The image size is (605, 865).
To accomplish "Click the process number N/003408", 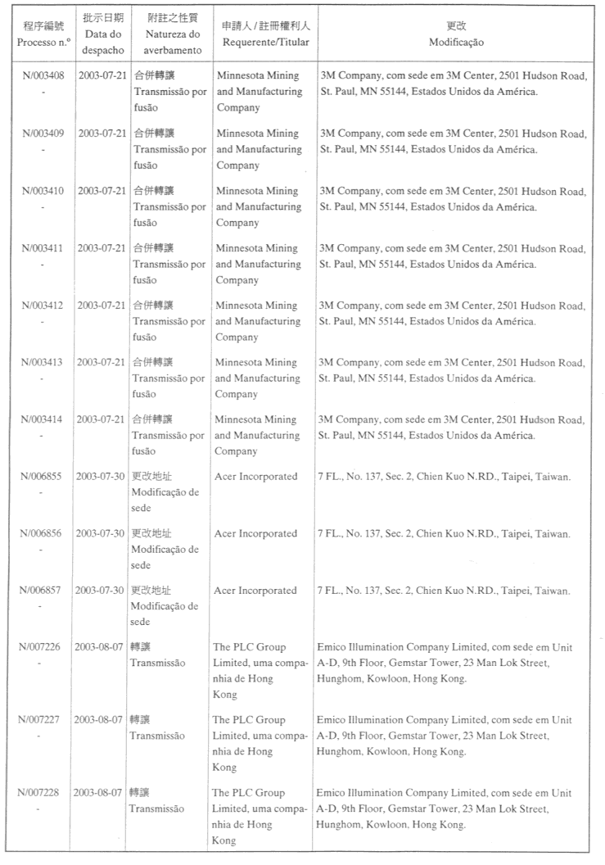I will (42, 75).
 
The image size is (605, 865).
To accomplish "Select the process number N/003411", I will (42, 248).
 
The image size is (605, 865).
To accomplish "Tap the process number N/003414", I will (42, 419).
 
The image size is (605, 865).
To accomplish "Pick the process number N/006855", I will (42, 477).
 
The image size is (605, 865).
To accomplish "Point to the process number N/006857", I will (42, 591).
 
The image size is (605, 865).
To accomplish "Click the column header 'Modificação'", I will (456, 42).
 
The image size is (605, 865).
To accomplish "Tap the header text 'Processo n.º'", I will (42, 42).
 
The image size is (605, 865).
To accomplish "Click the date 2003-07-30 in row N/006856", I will (100, 533).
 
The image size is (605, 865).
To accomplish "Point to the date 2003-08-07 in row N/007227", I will (97, 720).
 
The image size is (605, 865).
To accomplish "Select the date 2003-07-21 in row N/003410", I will (102, 191).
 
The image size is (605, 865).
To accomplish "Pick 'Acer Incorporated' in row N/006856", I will (255, 533).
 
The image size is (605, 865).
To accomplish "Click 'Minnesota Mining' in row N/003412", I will (256, 306).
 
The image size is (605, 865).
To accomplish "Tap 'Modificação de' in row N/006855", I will (165, 491).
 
